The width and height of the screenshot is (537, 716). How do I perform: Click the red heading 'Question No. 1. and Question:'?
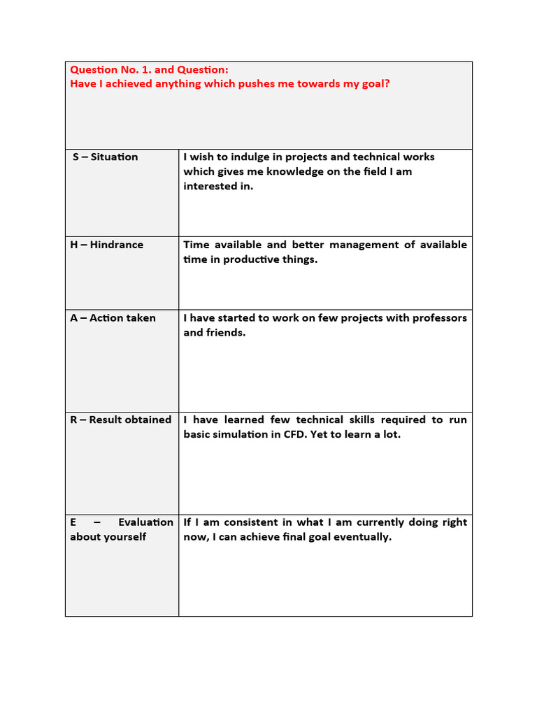pos(149,69)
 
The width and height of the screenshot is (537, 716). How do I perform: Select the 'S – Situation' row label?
pos(106,157)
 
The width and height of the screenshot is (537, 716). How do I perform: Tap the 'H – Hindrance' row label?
pos(106,245)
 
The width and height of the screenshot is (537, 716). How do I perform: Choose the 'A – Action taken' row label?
pos(113,318)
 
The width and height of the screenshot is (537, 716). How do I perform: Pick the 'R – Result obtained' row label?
pos(120,420)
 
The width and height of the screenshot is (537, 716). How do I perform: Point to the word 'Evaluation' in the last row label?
pos(145,522)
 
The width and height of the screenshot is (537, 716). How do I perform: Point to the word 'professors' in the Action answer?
pos(439,318)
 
